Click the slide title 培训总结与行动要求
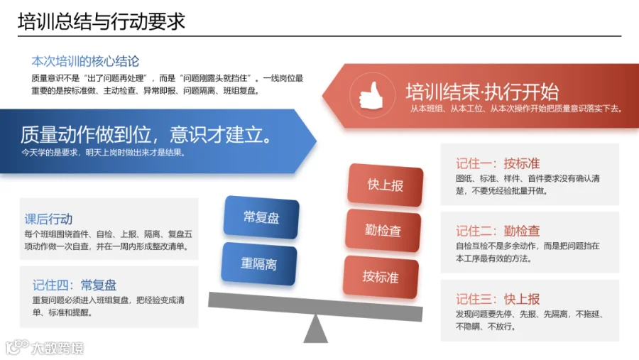coord(101,21)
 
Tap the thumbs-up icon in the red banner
coord(371,95)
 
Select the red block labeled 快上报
coord(385,185)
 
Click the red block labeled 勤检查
coord(383,230)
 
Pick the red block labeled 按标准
coord(381,277)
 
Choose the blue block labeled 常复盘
coord(261,217)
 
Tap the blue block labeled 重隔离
coord(258,263)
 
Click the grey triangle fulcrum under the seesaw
coord(315,329)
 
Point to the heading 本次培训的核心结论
coord(85,61)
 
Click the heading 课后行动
coord(48,219)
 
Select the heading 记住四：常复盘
coord(75,285)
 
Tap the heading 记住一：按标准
coord(498,163)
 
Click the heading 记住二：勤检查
coord(498,231)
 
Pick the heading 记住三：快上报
coord(498,299)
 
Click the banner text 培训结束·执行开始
coord(482,92)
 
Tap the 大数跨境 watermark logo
coord(45,348)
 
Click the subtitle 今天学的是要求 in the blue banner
coord(104,153)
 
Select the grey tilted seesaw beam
coord(315,307)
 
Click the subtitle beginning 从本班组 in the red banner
coord(516,109)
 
